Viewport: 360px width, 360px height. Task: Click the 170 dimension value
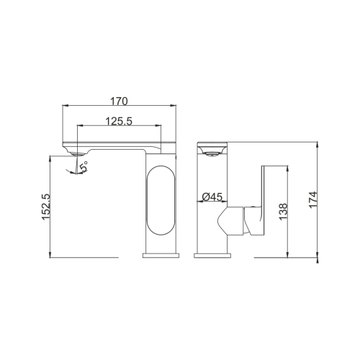[119, 102]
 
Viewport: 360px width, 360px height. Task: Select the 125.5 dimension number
[119, 121]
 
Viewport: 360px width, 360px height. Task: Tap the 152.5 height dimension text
[46, 207]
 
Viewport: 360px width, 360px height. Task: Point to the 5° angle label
[84, 166]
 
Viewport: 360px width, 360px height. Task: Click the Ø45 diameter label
[212, 197]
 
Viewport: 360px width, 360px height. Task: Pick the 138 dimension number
[283, 212]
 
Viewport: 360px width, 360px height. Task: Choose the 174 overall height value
[313, 199]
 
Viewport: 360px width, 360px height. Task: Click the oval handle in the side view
[161, 199]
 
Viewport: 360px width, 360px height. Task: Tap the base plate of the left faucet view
[161, 256]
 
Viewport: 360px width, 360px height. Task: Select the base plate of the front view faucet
[212, 256]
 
